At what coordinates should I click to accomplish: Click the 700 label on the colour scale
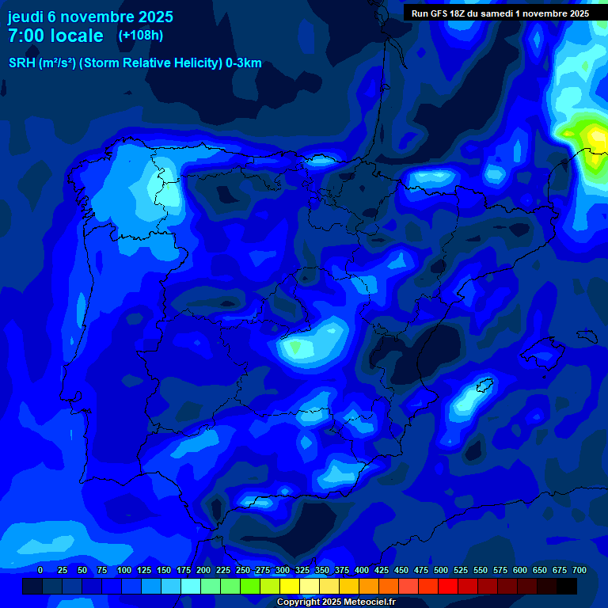point(579,570)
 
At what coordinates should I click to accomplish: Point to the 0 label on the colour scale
point(40,570)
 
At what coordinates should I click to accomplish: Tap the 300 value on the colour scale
point(283,570)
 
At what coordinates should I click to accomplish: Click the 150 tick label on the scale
point(164,570)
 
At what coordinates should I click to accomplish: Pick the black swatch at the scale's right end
point(567,586)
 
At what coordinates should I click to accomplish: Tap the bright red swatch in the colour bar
point(448,586)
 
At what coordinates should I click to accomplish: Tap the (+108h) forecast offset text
point(140,36)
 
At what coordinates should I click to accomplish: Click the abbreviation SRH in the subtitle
point(21,63)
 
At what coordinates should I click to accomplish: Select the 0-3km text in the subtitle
point(243,63)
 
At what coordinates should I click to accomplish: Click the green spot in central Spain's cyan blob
point(296,347)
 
